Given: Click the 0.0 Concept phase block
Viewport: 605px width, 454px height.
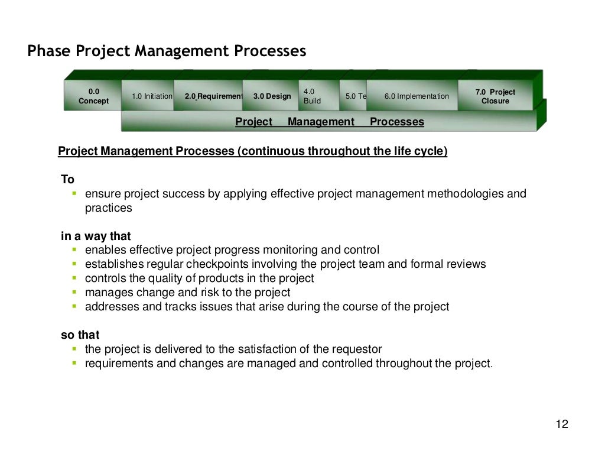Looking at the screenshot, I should (94, 96).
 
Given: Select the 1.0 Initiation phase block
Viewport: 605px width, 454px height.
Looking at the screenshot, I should (152, 96).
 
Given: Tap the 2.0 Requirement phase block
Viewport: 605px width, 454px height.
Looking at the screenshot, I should (213, 96).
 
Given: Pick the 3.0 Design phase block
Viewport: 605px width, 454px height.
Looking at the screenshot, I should (272, 96).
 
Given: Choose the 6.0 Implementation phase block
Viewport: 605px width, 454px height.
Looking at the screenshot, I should (417, 96).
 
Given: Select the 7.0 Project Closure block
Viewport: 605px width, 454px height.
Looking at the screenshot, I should (495, 96).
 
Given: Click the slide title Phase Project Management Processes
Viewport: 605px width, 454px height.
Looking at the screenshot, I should (167, 52).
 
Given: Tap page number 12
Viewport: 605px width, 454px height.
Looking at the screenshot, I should (562, 424).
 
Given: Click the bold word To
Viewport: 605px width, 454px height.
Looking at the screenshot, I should (68, 180).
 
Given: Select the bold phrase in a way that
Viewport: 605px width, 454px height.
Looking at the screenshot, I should (96, 236).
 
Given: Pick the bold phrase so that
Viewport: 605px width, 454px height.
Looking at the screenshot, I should (80, 335).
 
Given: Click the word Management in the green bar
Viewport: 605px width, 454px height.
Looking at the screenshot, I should (321, 122).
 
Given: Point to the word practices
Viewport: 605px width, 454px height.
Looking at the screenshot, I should (109, 208).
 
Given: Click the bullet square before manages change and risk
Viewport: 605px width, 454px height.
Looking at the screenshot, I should (74, 292).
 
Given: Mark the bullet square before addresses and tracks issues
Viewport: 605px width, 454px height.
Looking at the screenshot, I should (74, 306).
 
